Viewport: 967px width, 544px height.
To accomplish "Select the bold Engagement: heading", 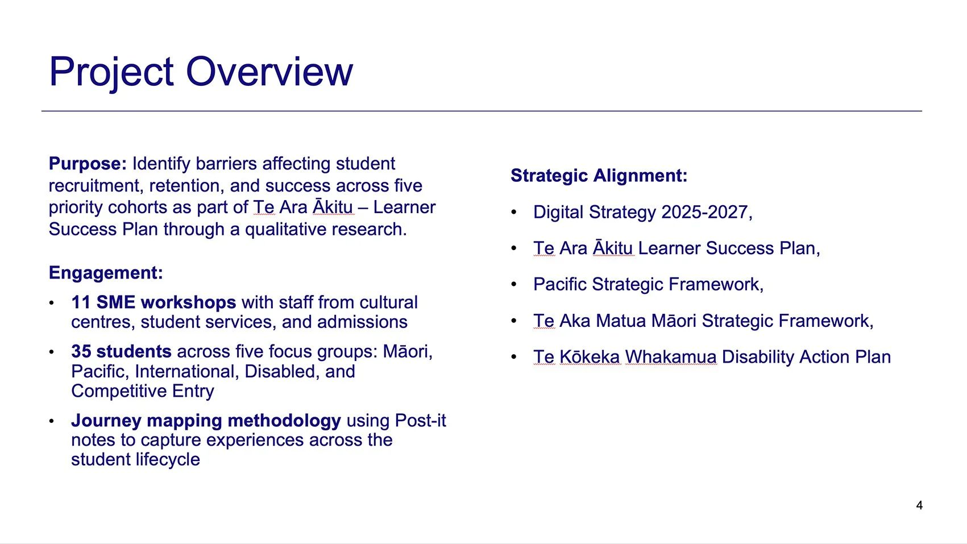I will tap(106, 273).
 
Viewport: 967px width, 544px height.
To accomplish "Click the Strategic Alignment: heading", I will tap(599, 176).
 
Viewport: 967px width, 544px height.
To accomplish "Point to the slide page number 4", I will tap(919, 505).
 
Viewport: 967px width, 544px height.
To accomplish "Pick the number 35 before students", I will tap(81, 352).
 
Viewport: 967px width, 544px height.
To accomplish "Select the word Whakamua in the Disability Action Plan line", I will tap(671, 357).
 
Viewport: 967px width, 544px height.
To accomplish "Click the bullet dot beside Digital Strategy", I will tap(514, 213).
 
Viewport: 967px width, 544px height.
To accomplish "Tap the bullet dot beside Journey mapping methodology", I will tap(52, 421).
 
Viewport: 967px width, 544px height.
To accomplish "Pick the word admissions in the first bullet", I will tap(362, 322).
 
